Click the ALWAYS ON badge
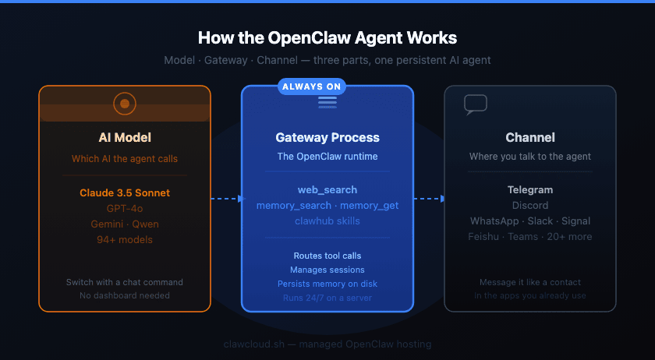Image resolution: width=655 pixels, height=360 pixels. [x=311, y=86]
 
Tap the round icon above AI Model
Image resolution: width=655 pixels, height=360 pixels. [x=125, y=103]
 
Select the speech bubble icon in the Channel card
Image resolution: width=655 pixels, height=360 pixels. [x=475, y=104]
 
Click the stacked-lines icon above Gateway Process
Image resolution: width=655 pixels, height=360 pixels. [x=327, y=102]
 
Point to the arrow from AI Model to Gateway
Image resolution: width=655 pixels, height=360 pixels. [x=226, y=199]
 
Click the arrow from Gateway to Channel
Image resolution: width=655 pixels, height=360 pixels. [x=429, y=199]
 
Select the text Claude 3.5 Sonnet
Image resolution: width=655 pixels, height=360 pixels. [x=125, y=192]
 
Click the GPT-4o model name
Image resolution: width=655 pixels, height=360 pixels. [x=125, y=208]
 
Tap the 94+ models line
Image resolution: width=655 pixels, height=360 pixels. [x=125, y=239]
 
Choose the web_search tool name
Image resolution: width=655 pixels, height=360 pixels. [x=327, y=190]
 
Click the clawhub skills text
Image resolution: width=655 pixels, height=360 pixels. [x=327, y=221]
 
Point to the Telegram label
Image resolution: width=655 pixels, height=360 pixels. [x=530, y=189]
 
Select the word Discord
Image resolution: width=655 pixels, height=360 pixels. [x=530, y=206]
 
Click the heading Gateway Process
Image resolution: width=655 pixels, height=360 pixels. [x=327, y=137]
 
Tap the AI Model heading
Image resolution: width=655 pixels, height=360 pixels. [x=125, y=137]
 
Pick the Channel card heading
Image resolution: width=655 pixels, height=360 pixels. [x=530, y=137]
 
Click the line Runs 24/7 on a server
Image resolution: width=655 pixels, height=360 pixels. [x=327, y=298]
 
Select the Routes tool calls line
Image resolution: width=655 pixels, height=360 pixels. [x=327, y=256]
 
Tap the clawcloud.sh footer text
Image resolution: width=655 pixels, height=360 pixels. [x=327, y=344]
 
